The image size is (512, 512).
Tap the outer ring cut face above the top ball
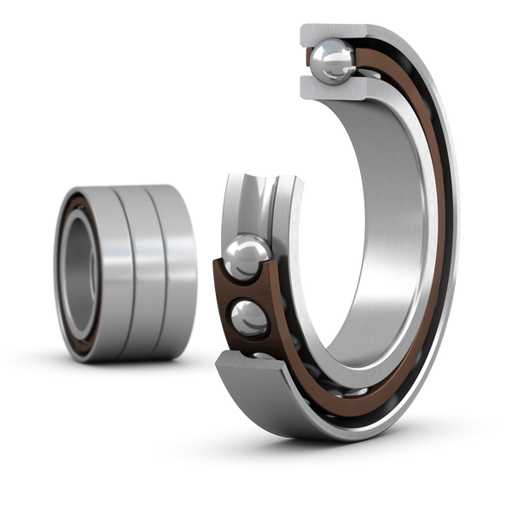pos(333,32)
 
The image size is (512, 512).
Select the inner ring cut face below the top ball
pos(329,85)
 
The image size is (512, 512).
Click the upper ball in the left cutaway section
pos(245,255)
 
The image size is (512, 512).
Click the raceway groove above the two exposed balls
pos(256,201)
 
